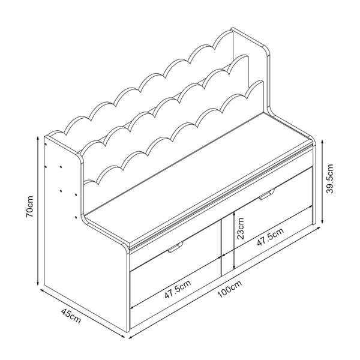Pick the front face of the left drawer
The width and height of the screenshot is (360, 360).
[x=174, y=282]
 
